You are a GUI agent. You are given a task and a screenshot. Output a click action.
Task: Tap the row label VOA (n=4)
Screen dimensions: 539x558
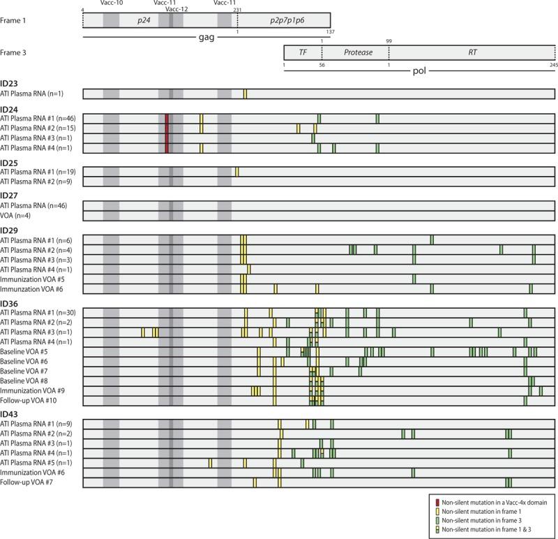[19, 216]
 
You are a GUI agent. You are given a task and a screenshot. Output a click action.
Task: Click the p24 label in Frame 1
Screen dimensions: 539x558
[144, 20]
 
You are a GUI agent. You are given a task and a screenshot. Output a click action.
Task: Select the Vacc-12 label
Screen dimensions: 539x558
[176, 9]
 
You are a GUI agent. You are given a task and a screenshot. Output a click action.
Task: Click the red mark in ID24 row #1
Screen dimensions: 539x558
[167, 119]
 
